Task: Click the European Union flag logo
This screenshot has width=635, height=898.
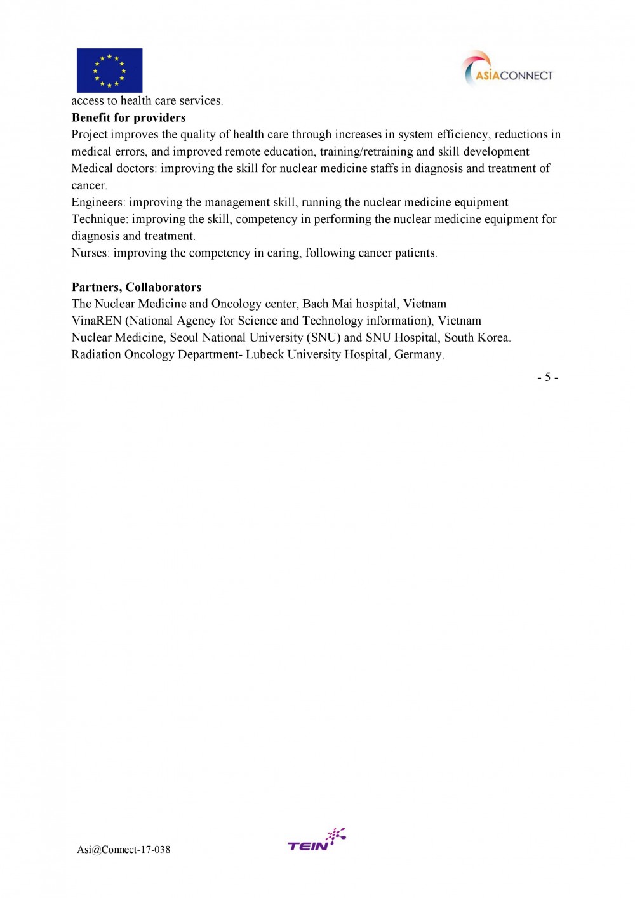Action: tap(109, 70)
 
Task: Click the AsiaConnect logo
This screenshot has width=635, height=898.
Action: tap(507, 70)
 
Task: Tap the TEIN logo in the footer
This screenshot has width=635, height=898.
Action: tap(316, 840)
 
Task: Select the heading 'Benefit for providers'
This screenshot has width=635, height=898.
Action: tap(128, 117)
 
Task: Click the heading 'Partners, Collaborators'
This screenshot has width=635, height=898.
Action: tap(136, 287)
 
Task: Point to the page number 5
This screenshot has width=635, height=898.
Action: tap(547, 377)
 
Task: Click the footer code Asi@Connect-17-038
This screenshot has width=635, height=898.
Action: tap(124, 850)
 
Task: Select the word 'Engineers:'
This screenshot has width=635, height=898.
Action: tap(98, 203)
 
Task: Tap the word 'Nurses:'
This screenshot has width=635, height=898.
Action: tap(91, 253)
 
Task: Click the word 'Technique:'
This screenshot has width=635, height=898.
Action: tap(100, 219)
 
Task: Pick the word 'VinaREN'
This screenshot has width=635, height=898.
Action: tap(97, 321)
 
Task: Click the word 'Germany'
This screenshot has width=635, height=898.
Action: tap(418, 354)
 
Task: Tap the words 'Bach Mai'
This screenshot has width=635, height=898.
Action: tap(327, 304)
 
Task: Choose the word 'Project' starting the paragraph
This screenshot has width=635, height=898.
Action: tap(90, 135)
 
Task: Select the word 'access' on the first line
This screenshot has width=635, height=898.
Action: tap(87, 101)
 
